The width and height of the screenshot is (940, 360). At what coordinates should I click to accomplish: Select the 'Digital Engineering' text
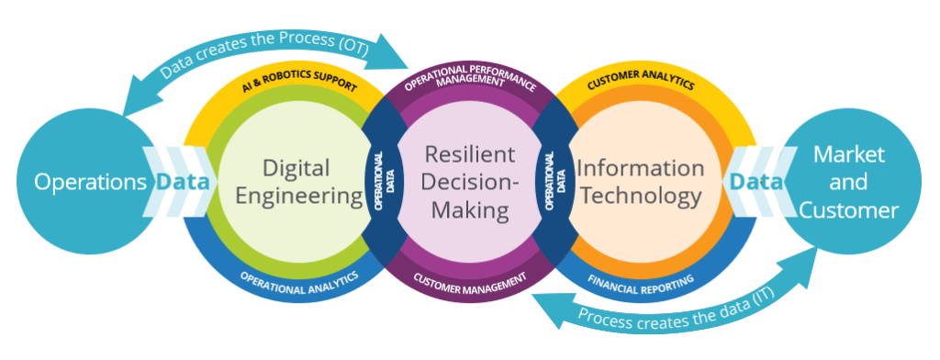pos(297,182)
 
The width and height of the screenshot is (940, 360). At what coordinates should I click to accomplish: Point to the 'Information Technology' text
pos(639,182)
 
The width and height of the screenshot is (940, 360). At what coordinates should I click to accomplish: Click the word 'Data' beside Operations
pos(181,182)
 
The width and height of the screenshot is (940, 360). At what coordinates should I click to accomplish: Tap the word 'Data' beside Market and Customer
pos(756,182)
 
